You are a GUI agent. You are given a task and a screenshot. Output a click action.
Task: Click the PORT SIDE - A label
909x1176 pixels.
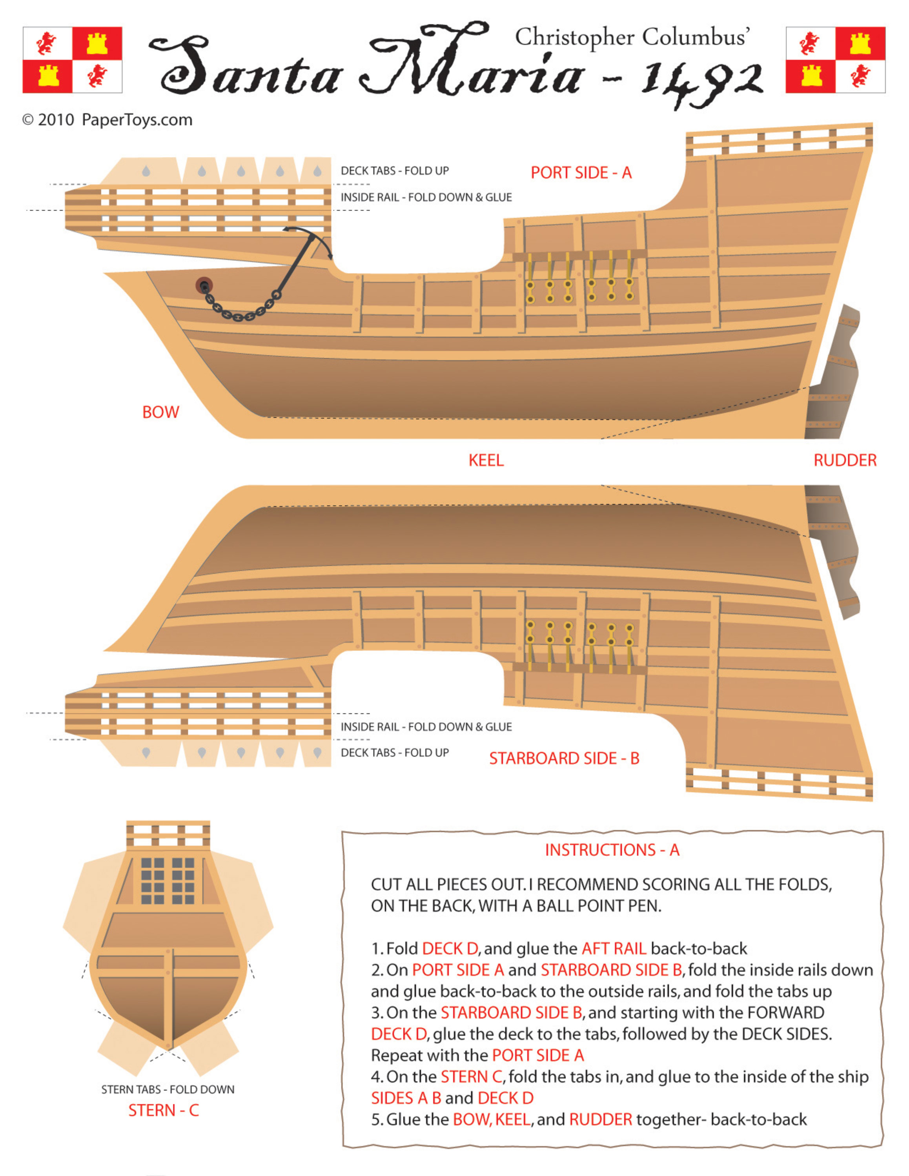click(x=581, y=173)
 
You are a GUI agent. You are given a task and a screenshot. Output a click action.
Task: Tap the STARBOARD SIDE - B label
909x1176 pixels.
click(x=564, y=758)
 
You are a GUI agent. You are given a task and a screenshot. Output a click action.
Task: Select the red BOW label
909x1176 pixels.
click(x=160, y=412)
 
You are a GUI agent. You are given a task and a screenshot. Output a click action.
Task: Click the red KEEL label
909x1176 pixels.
click(x=485, y=460)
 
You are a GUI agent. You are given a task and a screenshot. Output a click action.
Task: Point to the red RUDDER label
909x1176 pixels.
click(x=844, y=460)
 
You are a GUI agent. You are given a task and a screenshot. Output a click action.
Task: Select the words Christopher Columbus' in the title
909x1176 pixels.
click(x=632, y=38)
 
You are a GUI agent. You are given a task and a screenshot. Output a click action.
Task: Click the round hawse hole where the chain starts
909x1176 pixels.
click(x=204, y=285)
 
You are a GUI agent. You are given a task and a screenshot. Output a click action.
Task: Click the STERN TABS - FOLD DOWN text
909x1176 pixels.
click(x=168, y=1089)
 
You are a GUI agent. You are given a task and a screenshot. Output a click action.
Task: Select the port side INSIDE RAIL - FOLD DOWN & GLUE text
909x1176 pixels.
click(x=426, y=198)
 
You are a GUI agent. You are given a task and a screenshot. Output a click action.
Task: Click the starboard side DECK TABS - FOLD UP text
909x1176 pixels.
click(x=394, y=753)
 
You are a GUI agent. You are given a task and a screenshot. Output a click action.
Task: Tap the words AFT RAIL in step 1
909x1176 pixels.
click(x=613, y=948)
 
